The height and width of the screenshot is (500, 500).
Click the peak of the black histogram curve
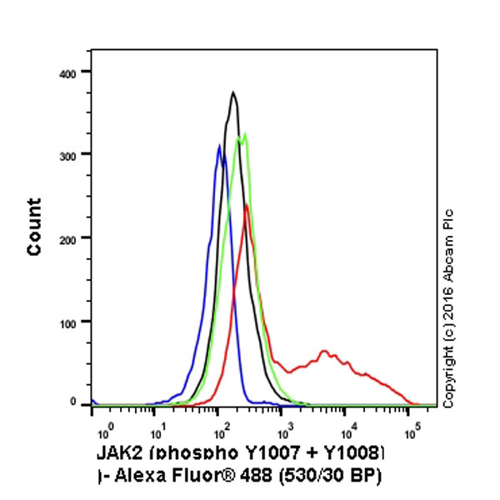234,92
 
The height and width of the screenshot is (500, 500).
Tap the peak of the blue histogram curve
219,147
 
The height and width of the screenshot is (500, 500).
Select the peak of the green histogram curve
244,134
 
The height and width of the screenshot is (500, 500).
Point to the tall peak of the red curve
246,205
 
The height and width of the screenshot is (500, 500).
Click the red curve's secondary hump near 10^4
324,351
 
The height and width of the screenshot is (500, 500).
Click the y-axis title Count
35,227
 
